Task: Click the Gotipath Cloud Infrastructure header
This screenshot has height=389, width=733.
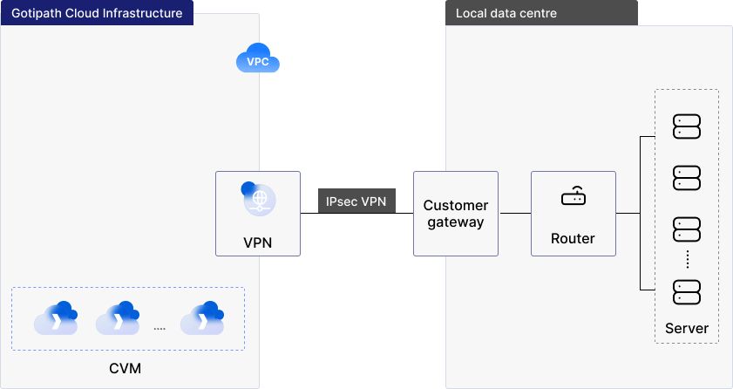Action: tap(97, 13)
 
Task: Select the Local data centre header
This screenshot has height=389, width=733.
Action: tap(506, 13)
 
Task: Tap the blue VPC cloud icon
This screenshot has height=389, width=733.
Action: tap(258, 60)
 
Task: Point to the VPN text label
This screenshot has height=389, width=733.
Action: tap(258, 242)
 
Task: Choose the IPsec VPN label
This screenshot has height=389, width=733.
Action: tap(356, 201)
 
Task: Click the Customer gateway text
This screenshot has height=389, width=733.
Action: tap(456, 214)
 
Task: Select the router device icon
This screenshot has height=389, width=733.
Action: tap(574, 197)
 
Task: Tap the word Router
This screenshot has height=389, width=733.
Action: tap(574, 238)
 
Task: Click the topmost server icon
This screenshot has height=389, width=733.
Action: tap(687, 127)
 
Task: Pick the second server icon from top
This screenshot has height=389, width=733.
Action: tap(687, 179)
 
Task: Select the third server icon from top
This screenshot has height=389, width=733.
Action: tap(687, 230)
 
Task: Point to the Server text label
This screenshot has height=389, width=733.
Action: tap(687, 329)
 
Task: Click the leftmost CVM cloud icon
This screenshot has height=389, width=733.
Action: tap(56, 318)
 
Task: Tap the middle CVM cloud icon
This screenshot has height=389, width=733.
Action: tap(118, 318)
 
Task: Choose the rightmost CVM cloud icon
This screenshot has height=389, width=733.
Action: tap(202, 318)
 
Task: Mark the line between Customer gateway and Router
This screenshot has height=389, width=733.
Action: tap(514, 213)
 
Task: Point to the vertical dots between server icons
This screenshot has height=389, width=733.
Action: tap(687, 260)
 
